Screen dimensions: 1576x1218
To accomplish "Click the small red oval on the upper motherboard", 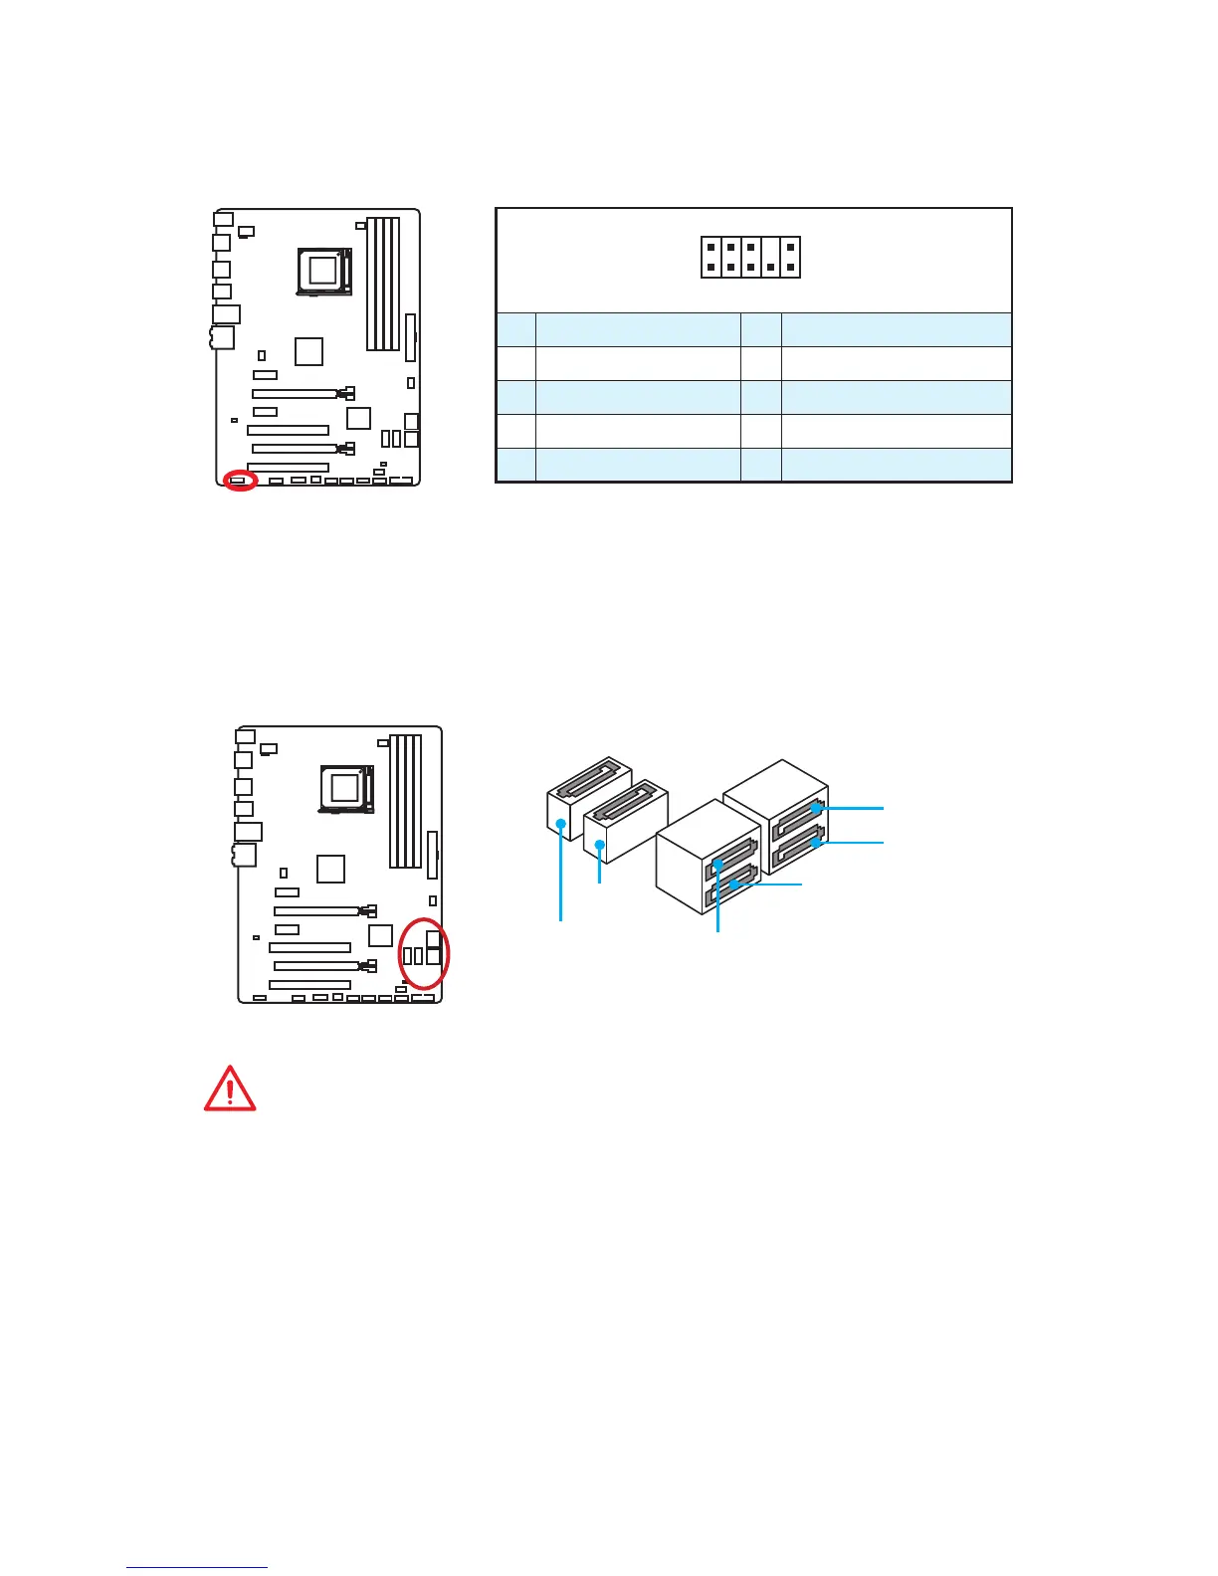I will coord(240,481).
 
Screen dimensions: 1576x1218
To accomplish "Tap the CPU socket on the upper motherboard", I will coord(324,269).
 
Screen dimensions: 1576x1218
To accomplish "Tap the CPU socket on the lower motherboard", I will coord(345,787).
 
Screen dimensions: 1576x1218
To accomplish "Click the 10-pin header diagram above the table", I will coord(750,257).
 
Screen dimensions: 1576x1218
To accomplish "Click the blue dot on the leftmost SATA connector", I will coord(562,824).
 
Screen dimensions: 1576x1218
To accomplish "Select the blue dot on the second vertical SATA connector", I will coord(599,844).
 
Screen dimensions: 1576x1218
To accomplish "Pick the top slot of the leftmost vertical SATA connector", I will coord(594,776).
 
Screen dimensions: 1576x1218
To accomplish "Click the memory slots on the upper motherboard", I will coord(383,284).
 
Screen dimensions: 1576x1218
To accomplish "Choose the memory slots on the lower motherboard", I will coord(405,801).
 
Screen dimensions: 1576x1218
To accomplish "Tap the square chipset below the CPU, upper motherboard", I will coord(309,351).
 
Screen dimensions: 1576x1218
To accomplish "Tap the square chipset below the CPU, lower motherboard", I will coord(330,869).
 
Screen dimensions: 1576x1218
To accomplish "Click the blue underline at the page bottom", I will coord(197,1567).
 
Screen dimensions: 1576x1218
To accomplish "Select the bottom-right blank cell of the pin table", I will coord(896,465).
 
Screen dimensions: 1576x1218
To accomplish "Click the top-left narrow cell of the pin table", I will coord(515,329).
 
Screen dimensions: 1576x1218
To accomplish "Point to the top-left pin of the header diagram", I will coord(710,246).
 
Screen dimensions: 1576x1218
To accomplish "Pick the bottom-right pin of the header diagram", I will coord(791,267).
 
